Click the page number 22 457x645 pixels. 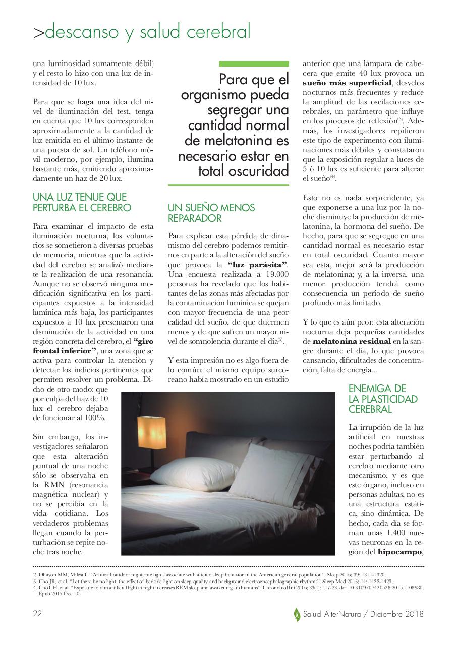click(37, 614)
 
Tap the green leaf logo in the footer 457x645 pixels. click(297, 614)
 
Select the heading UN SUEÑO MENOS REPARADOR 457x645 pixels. click(211, 213)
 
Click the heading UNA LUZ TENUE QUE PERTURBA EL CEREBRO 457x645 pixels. click(82, 202)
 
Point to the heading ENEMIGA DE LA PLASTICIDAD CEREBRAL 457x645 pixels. click(383, 399)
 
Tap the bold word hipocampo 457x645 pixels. click(399, 552)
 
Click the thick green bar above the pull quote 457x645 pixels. click(254, 64)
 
